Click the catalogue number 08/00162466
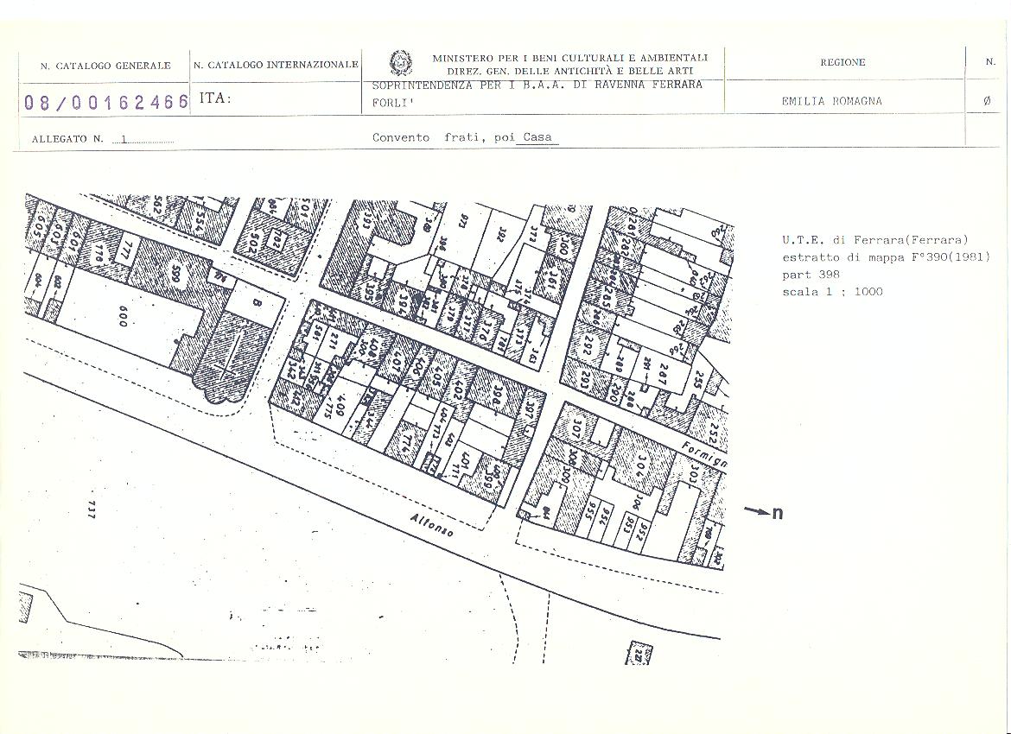(106, 102)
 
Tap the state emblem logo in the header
(400, 63)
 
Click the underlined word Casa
(537, 138)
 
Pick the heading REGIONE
(842, 62)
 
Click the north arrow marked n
(764, 512)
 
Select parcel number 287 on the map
(664, 373)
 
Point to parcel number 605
(39, 226)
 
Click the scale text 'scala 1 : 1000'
(832, 292)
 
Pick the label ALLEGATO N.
(67, 139)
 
